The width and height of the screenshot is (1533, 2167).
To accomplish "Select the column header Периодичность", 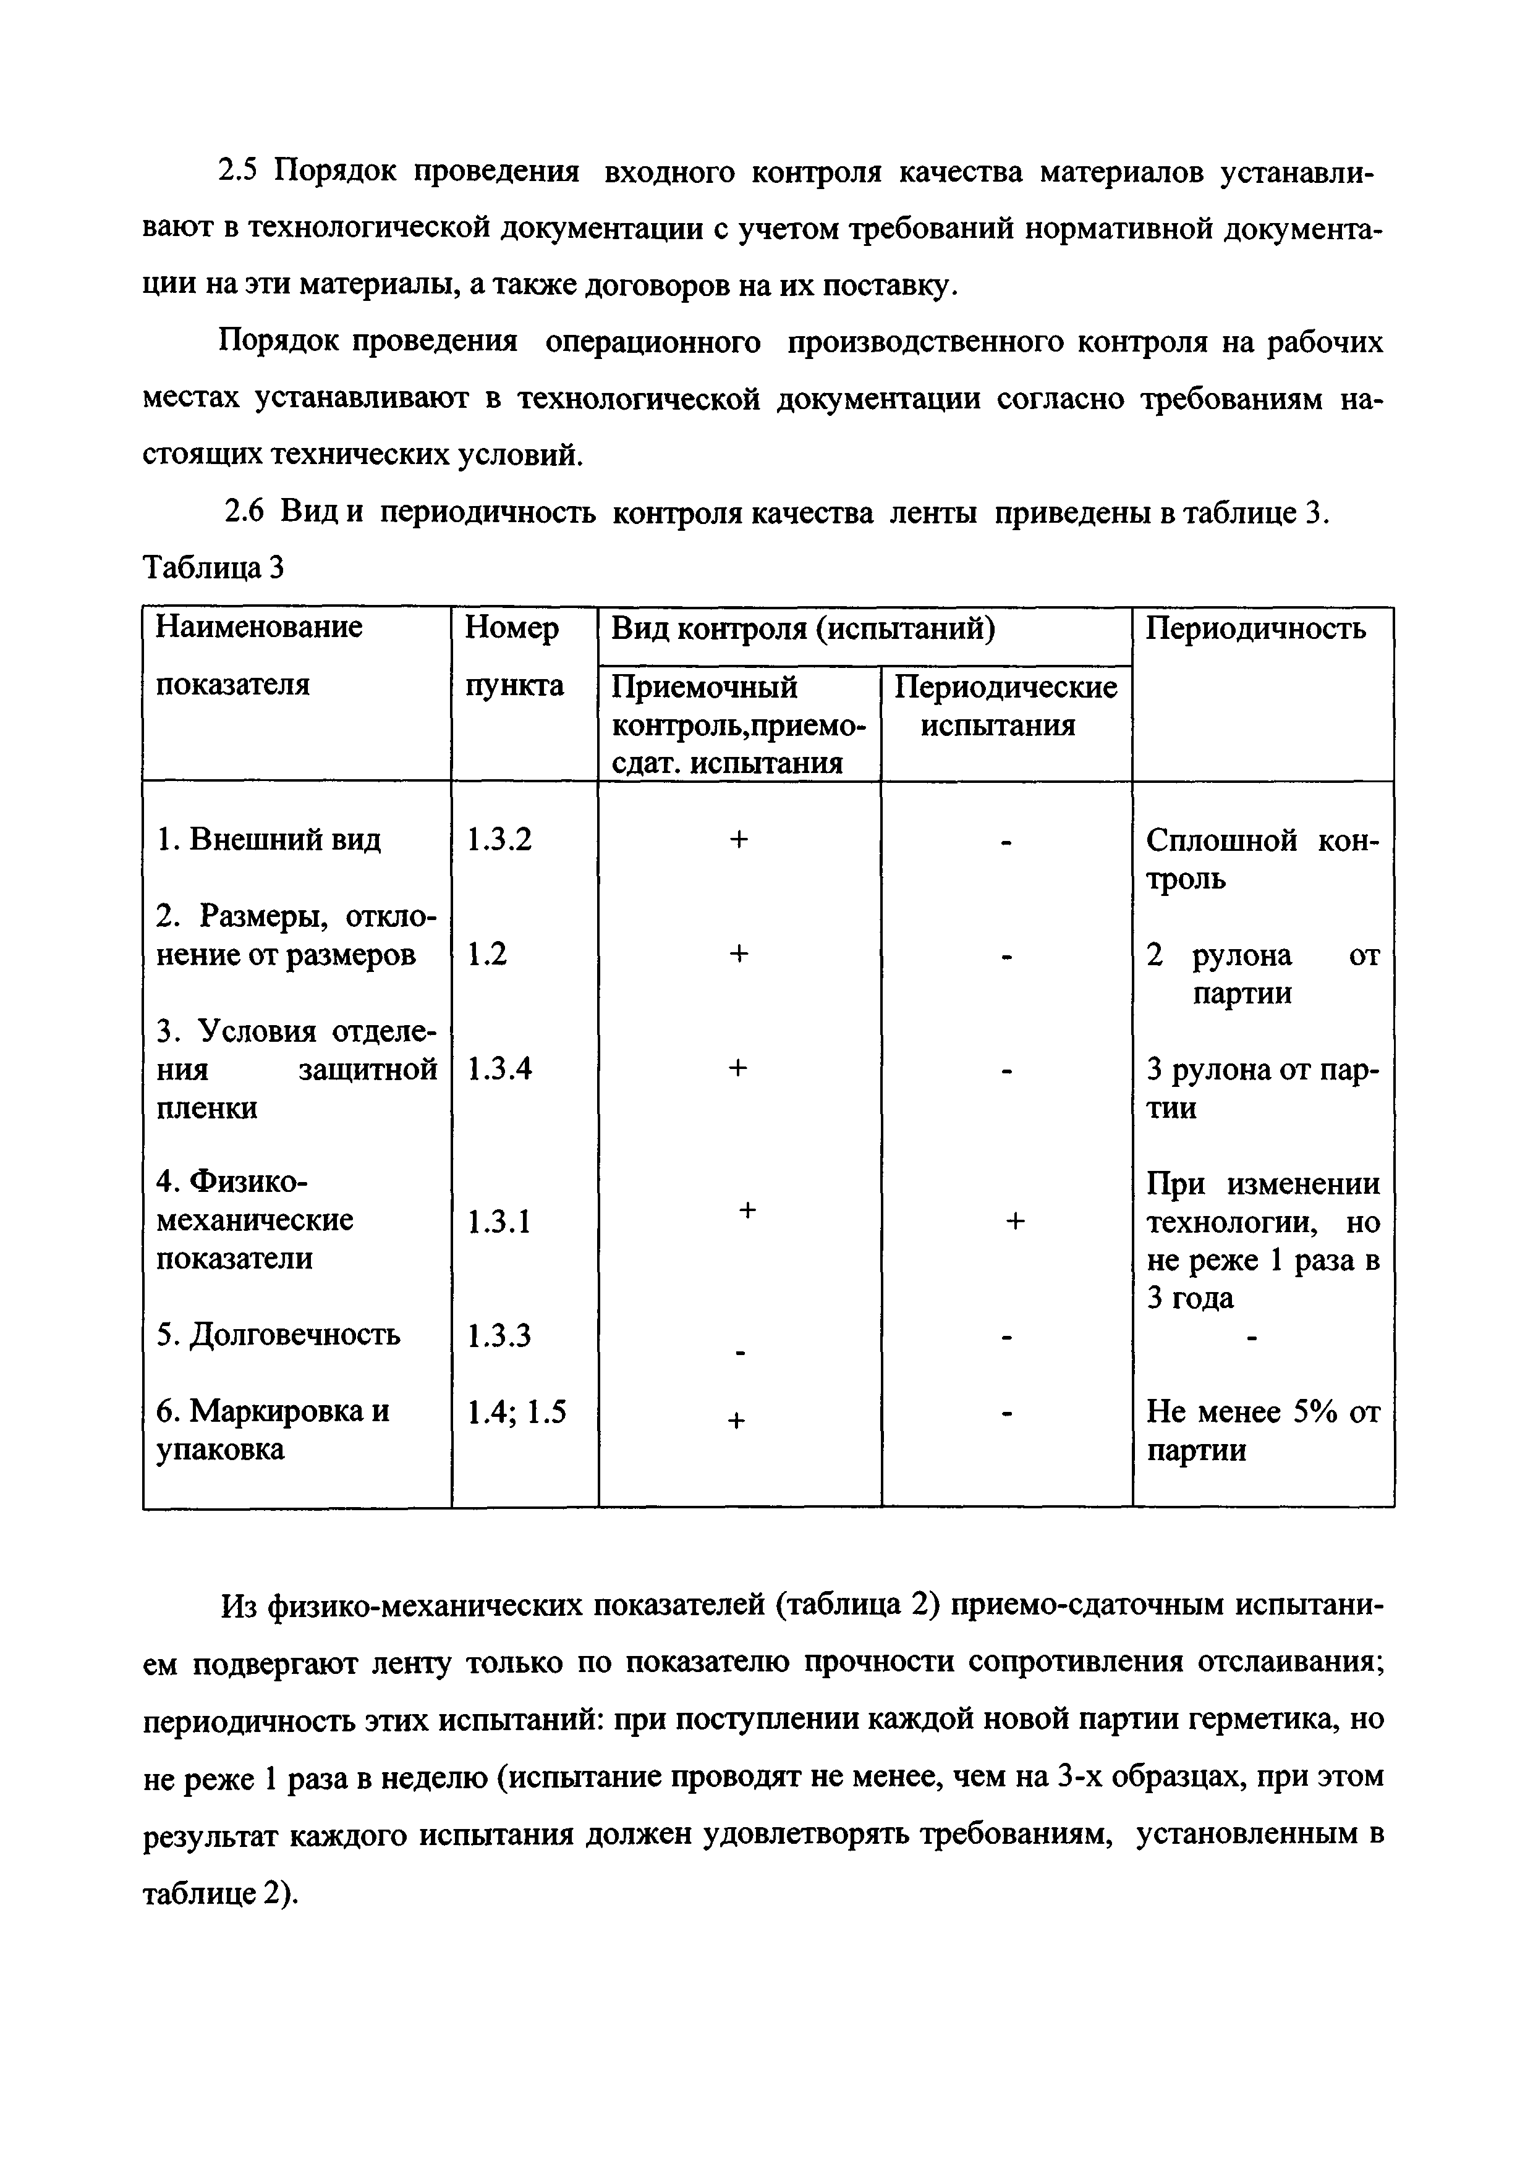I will pyautogui.click(x=1255, y=628).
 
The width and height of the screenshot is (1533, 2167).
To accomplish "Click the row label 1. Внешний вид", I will pyautogui.click(x=269, y=839).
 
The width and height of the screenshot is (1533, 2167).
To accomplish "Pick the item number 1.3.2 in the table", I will pyautogui.click(x=499, y=839).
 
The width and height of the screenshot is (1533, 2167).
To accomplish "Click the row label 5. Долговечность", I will pyautogui.click(x=278, y=1335).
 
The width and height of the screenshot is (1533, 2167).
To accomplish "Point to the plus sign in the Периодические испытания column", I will pyautogui.click(x=1015, y=1222).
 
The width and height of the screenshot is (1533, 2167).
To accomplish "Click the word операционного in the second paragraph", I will pyautogui.click(x=653, y=342).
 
